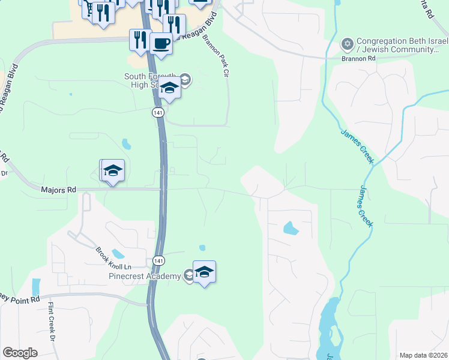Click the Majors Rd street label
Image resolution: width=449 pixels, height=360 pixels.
pyautogui.click(x=59, y=190)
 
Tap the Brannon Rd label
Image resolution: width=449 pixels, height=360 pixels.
pyautogui.click(x=358, y=59)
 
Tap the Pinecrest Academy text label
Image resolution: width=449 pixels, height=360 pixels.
pyautogui.click(x=145, y=276)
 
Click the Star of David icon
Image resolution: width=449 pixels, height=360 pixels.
pyautogui.click(x=347, y=44)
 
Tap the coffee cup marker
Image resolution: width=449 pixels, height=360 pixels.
pyautogui.click(x=161, y=43)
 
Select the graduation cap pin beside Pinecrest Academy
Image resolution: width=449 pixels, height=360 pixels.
pyautogui.click(x=204, y=272)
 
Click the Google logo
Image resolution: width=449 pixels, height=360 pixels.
pyautogui.click(x=20, y=353)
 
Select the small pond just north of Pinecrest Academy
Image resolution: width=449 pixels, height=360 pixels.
pyautogui.click(x=202, y=248)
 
